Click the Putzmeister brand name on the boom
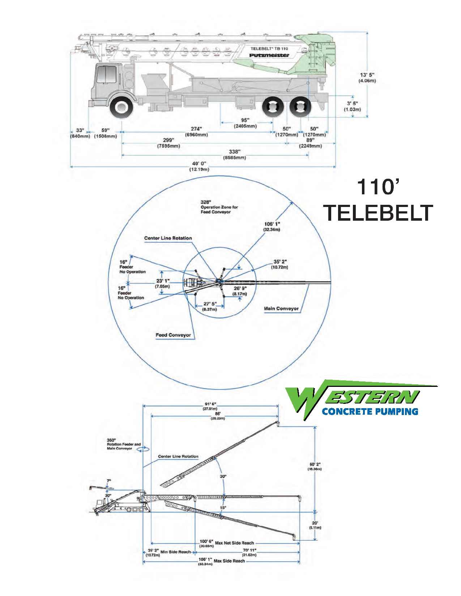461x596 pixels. click(269, 55)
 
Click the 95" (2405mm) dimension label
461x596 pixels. click(245, 123)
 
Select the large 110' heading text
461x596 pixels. click(378, 187)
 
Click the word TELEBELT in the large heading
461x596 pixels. click(378, 213)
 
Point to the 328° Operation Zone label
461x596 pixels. click(219, 207)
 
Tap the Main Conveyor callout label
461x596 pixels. click(281, 308)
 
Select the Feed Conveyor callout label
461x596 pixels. click(173, 335)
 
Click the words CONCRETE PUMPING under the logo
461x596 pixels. click(370, 411)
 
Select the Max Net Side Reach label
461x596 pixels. click(234, 543)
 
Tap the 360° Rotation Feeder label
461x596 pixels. click(123, 444)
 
